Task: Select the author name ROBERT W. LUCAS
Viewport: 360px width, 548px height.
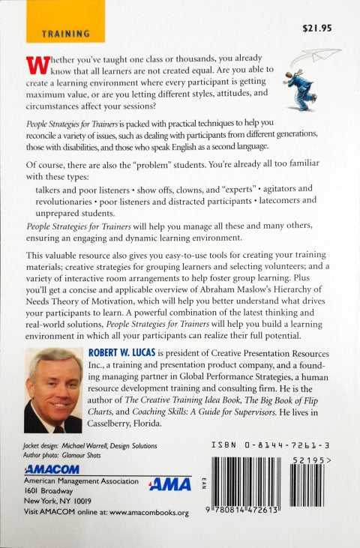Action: (x=127, y=351)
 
